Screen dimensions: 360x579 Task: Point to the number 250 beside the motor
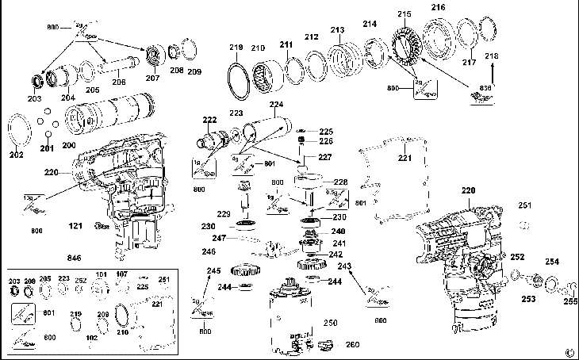point(330,323)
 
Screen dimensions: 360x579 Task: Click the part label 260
point(352,344)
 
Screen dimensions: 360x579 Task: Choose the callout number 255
point(570,301)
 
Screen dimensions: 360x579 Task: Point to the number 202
point(17,155)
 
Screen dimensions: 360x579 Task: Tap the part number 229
point(224,214)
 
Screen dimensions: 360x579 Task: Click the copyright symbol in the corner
point(569,352)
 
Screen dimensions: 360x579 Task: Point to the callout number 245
point(213,271)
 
